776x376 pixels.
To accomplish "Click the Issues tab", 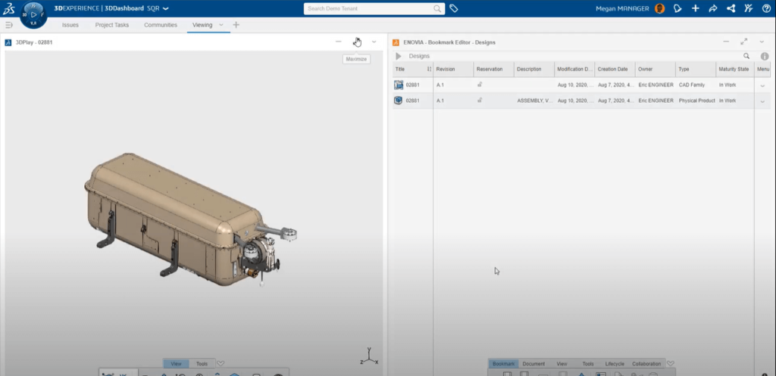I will click(x=70, y=25).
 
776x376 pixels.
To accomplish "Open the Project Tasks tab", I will click(x=111, y=25).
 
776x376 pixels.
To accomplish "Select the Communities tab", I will click(x=160, y=25).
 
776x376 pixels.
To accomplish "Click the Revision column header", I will click(x=446, y=69).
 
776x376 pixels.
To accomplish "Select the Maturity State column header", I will click(x=733, y=69).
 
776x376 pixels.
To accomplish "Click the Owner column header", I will click(x=645, y=69).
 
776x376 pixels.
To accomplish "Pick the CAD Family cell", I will click(x=691, y=85).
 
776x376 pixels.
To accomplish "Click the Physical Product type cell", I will click(x=696, y=100).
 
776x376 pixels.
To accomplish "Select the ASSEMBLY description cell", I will click(x=534, y=100).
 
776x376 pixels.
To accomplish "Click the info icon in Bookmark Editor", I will click(x=764, y=56).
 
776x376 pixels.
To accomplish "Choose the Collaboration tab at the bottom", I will click(x=646, y=364).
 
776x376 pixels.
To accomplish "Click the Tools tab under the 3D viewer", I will click(x=202, y=364).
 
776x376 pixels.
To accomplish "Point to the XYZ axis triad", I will click(x=368, y=356).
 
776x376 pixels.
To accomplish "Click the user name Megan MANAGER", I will click(x=621, y=8).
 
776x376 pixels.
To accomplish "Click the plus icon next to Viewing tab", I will click(x=236, y=25).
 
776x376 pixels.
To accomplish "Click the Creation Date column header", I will click(x=612, y=69).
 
